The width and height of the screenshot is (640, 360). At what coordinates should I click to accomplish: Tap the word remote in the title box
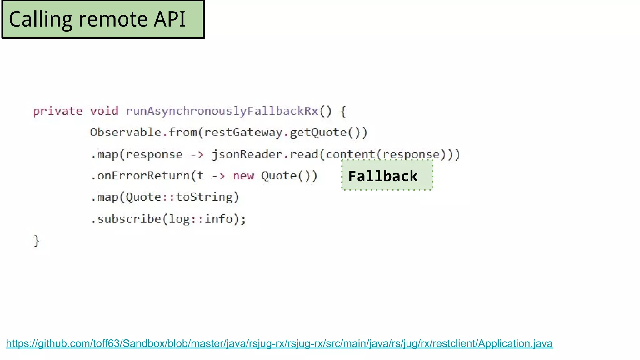click(x=113, y=19)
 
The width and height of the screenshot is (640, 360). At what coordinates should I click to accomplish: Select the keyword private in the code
click(x=58, y=111)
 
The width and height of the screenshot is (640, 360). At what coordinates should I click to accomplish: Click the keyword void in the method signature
click(x=104, y=111)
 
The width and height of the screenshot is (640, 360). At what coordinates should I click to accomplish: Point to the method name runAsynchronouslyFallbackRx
click(x=222, y=111)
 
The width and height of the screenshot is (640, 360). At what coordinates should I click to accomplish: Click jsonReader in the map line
click(x=247, y=154)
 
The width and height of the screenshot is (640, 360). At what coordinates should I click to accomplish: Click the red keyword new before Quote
click(x=243, y=176)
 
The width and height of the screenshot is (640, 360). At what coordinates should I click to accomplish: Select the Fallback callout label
click(x=383, y=176)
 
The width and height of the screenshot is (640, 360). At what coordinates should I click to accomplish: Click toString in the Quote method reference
click(x=204, y=197)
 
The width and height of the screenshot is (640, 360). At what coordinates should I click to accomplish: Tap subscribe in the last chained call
click(x=129, y=219)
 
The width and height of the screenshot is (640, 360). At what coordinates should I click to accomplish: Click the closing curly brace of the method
click(x=37, y=241)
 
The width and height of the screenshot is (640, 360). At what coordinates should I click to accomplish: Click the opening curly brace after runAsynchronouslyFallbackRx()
click(x=343, y=111)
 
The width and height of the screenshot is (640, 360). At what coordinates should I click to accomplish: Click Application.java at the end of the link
click(x=515, y=344)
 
